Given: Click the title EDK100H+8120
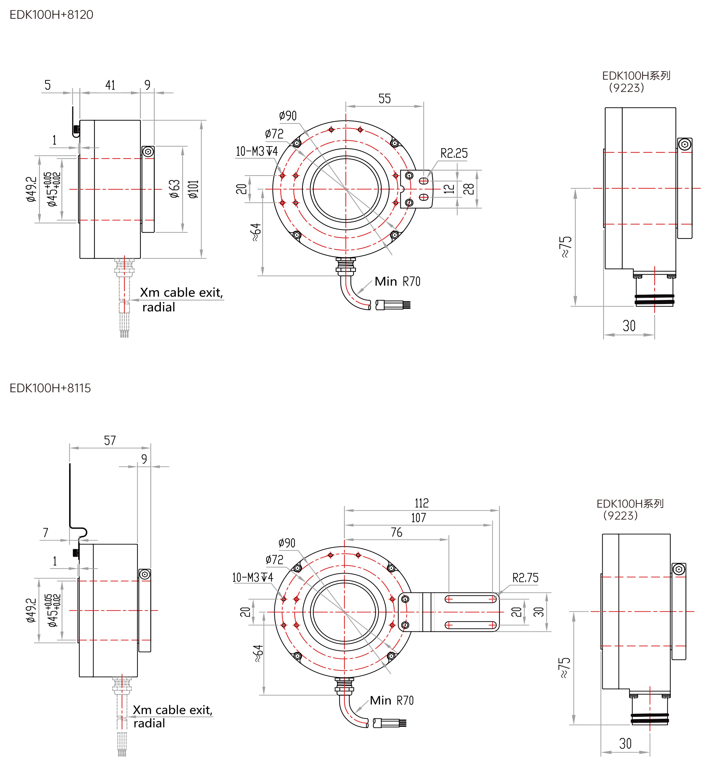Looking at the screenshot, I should (51, 15).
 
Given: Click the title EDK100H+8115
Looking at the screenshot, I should (50, 388).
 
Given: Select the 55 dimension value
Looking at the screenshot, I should (384, 99).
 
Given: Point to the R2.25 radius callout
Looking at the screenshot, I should (454, 153).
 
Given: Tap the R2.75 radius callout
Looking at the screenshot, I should (525, 578).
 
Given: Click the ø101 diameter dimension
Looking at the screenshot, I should (193, 190).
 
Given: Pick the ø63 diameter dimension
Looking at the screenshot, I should (175, 189).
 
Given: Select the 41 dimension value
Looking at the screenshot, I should (110, 85).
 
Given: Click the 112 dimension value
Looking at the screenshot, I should (421, 503).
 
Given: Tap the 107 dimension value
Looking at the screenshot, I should (418, 518).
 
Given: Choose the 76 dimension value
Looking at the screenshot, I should (396, 532).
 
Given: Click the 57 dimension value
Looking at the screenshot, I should (110, 440).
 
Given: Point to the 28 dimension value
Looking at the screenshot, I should (469, 189).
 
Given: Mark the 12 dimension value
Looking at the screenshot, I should (449, 189).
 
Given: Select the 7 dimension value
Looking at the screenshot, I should (46, 532).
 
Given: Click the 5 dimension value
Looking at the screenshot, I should (48, 85).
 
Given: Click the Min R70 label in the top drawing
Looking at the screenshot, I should (397, 281).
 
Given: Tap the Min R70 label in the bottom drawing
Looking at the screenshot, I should (391, 701).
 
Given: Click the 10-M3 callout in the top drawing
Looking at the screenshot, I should (257, 151).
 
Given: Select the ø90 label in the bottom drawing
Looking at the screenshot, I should (287, 543).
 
